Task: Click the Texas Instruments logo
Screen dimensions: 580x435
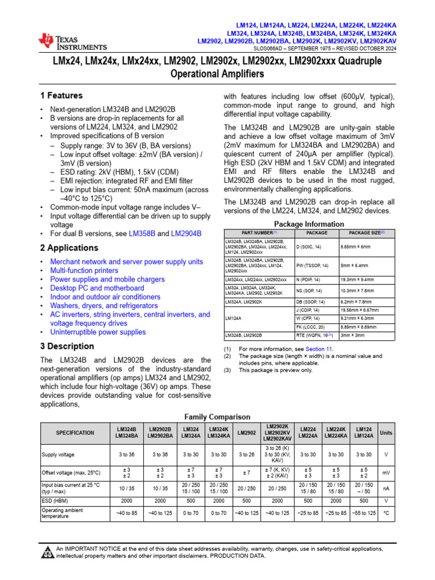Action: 72,41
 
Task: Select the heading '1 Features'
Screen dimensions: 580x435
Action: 61,96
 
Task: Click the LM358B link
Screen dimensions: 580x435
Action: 143,233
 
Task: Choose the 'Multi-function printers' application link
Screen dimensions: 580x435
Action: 84,271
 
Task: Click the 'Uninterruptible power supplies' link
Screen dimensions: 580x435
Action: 98,332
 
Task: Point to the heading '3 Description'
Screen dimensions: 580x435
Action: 67,347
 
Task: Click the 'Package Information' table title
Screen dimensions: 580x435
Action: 309,223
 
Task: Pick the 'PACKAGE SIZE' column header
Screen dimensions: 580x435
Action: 366,233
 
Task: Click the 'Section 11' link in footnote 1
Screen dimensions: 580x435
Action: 319,349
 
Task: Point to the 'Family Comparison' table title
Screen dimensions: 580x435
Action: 217,417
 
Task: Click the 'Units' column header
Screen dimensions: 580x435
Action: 385,432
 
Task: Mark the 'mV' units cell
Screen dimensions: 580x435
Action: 385,472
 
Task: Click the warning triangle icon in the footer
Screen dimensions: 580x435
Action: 47,552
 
